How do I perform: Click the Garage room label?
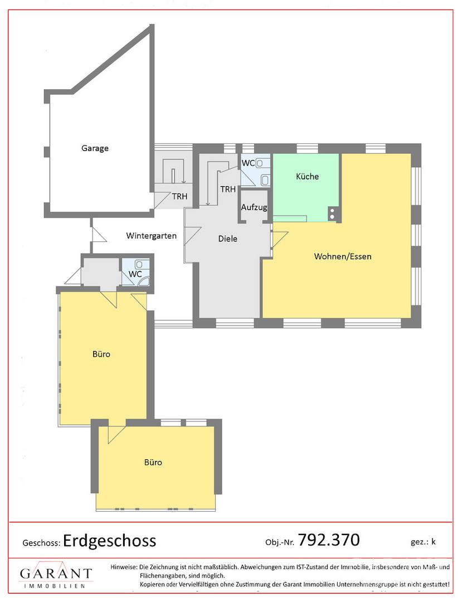coord(95,148)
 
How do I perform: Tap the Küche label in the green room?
coord(308,176)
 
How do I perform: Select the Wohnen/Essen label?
coord(343,256)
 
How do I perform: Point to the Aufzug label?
coord(254,207)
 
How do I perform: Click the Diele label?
coord(227,239)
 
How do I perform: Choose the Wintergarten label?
coord(151,236)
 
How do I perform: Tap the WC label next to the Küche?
coord(248,163)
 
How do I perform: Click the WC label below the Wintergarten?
coord(135,274)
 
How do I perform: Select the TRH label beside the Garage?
coord(179,197)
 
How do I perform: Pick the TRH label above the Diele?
coord(228,189)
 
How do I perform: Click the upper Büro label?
coord(101,354)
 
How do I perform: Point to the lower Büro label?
coord(153,462)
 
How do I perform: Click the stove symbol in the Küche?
coord(332,214)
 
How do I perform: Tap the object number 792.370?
coord(329,540)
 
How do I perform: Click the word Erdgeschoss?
coord(109,541)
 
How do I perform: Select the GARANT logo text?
coord(56,574)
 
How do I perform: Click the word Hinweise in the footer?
coord(124,567)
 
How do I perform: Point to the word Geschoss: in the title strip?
coord(41,543)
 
